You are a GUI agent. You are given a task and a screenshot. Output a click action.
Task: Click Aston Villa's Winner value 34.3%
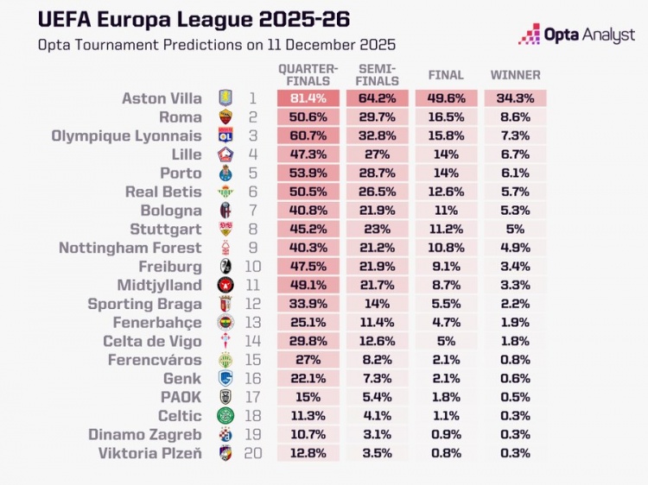[x=515, y=98]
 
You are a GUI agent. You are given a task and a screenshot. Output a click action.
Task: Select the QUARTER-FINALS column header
[x=308, y=75]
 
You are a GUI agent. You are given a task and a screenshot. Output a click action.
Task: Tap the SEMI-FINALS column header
[x=377, y=75]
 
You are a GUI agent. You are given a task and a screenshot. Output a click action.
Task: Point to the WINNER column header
[x=515, y=75]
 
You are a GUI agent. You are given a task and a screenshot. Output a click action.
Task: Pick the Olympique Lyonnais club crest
[x=224, y=136]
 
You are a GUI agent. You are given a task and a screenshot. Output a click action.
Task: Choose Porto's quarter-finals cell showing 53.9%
[x=308, y=173]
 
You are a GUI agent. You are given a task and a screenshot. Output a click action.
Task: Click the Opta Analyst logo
[x=576, y=35]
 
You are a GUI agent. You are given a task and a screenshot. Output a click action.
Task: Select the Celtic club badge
[x=224, y=416]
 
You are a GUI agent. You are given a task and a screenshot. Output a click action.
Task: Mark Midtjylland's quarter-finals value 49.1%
[x=308, y=285]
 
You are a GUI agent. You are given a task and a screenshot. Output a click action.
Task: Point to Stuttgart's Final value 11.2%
[x=446, y=230]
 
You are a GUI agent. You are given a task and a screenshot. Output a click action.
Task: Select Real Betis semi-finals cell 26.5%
[x=377, y=192]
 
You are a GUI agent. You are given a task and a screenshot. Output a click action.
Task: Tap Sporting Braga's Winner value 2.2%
[x=515, y=304]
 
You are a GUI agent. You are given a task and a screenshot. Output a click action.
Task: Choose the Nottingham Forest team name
[x=130, y=248]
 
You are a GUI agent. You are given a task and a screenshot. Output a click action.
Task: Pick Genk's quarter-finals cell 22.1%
[x=308, y=379]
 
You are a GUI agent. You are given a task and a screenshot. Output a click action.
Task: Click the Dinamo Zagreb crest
[x=224, y=434]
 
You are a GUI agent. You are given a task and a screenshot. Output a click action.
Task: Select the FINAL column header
[x=446, y=75]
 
